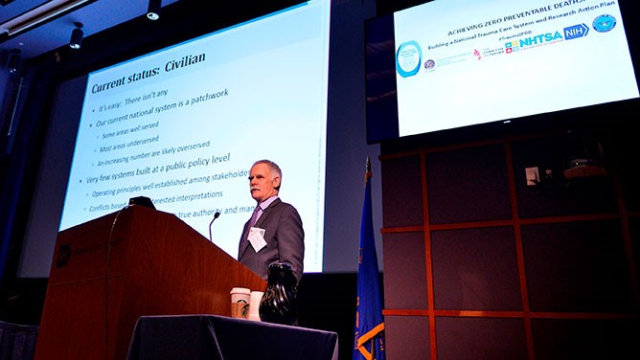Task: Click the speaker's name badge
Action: pos(257,238)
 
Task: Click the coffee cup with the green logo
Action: pos(240,302)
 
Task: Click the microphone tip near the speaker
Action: pos(216,215)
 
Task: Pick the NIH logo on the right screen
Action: pos(575,32)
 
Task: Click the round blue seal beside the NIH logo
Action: pos(604,23)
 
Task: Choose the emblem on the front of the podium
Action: pos(63,255)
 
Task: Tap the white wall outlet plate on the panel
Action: pos(532,175)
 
